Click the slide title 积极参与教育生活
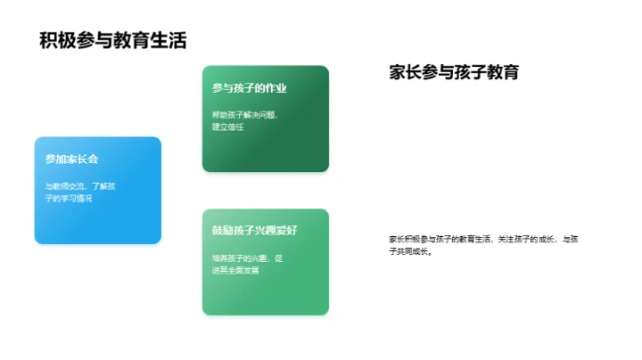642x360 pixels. [x=113, y=40]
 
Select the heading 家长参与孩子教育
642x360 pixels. [x=454, y=73]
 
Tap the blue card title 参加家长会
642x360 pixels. [x=71, y=160]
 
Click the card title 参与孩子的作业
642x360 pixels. [x=249, y=88]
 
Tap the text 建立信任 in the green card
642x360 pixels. [x=227, y=127]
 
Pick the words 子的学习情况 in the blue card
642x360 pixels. [x=69, y=199]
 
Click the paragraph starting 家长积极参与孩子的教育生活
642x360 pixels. [x=484, y=245]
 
